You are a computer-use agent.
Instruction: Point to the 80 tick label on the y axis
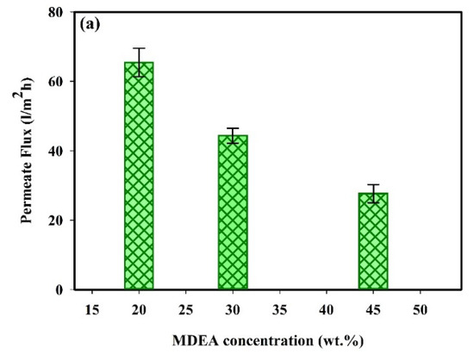point(58,12)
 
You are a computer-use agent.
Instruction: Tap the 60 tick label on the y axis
point(58,82)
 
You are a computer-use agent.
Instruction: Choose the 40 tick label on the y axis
point(58,151)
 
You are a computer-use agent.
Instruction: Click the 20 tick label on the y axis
point(58,220)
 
